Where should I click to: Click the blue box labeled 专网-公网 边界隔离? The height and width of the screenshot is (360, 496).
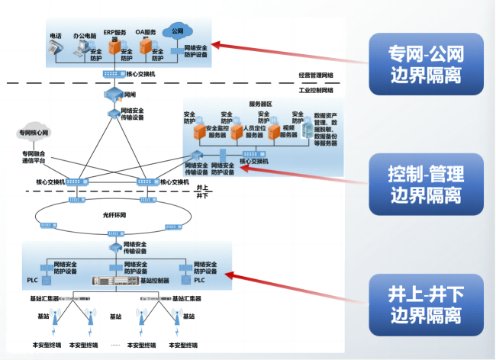[425, 63]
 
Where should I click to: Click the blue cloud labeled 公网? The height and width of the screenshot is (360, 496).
[177, 32]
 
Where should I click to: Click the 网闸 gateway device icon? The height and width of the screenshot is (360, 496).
[111, 95]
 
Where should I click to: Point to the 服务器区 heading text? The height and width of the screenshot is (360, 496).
[260, 104]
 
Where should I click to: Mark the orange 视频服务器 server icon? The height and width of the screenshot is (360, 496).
[278, 131]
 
